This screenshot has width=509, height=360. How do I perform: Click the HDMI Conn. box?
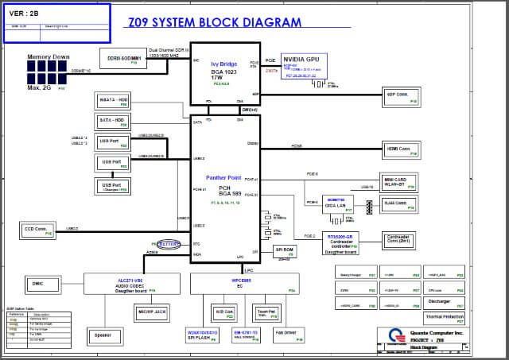point(398,149)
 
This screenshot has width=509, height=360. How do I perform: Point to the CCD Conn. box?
point(37,230)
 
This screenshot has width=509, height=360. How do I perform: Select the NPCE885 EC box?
point(243,283)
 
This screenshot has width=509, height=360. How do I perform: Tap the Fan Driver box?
point(286,335)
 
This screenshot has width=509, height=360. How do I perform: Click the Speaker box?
point(103,335)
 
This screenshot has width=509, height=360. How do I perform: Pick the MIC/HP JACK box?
point(151,312)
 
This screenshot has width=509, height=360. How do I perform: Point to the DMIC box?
point(38,284)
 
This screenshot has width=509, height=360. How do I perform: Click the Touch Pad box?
point(266,312)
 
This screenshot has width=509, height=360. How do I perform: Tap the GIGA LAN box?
point(335,202)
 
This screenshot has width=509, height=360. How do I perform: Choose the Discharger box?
point(439,302)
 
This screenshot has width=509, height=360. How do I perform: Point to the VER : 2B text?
point(25,13)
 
